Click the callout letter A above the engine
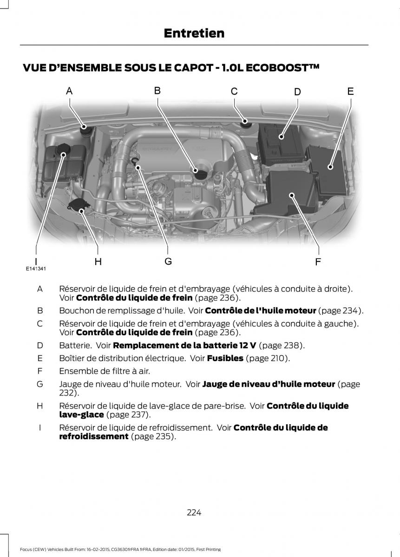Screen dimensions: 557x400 click(69, 91)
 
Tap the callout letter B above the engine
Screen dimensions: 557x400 click(157, 91)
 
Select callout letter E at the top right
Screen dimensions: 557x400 click(350, 91)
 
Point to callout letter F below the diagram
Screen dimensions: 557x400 click(318, 262)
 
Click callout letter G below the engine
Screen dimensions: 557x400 click(168, 262)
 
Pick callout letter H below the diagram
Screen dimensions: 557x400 click(98, 262)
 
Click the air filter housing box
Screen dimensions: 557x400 click(290, 193)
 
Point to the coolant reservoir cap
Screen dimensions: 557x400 click(62, 150)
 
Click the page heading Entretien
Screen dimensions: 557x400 click(194, 33)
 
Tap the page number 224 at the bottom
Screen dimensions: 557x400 click(194, 512)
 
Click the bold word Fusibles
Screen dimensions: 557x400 click(225, 358)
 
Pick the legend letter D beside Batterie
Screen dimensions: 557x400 click(40, 345)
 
